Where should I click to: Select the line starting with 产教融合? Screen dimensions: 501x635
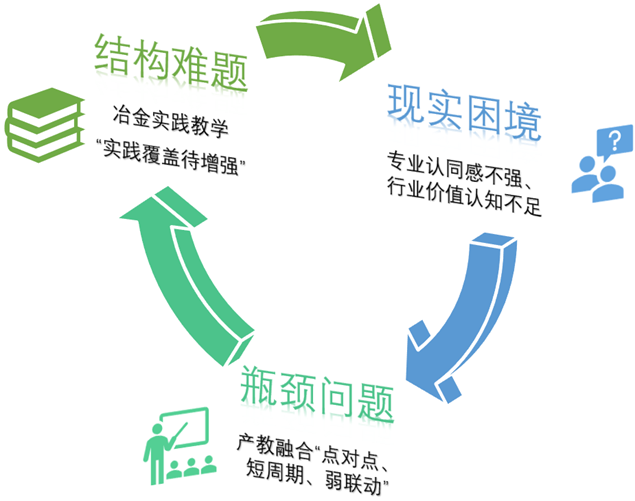click(313, 441)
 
